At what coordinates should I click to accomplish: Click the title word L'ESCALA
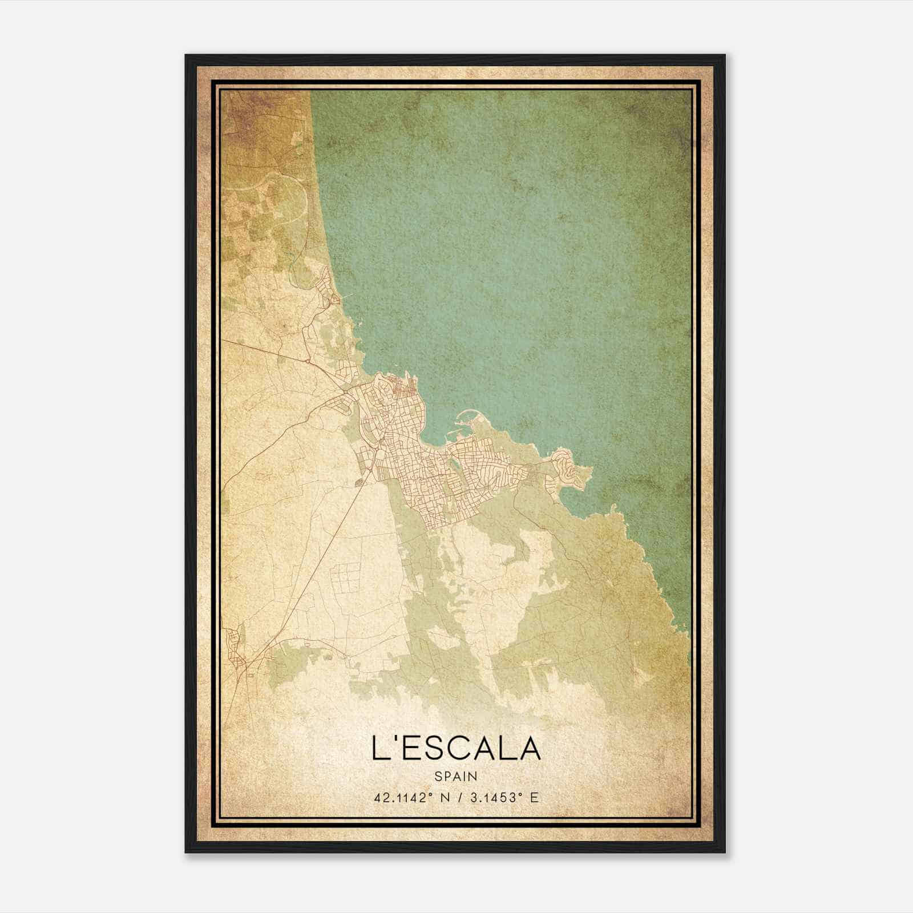pos(455,748)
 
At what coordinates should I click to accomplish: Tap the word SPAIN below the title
pos(456,776)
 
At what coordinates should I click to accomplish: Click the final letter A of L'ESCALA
pos(529,748)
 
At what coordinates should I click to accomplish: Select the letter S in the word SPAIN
pos(438,776)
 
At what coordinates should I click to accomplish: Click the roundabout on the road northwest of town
pos(308,361)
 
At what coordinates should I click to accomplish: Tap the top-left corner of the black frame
pos(187,56)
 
